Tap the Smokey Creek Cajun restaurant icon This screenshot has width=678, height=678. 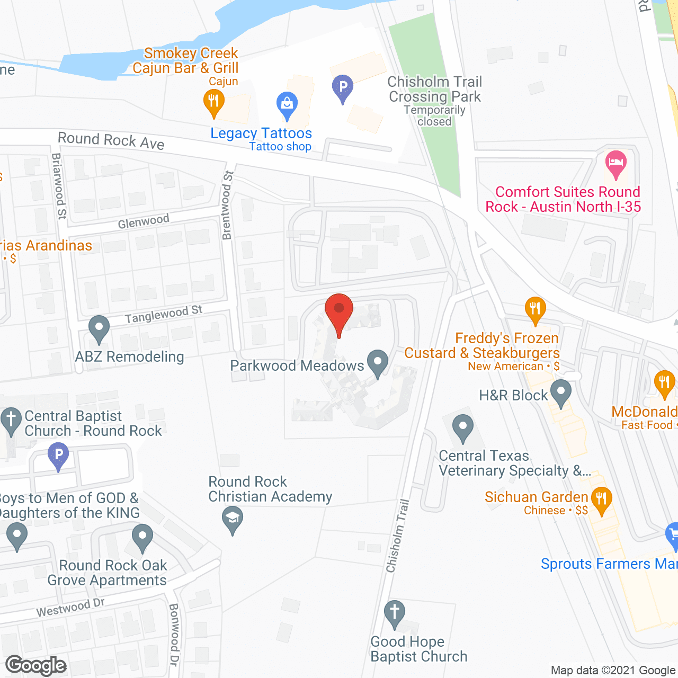click(213, 101)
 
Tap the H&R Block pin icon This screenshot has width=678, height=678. click(560, 392)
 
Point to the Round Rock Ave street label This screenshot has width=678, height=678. click(111, 140)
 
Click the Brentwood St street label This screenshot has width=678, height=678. click(228, 205)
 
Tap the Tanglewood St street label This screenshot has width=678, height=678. click(164, 314)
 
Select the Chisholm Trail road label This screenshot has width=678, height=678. click(398, 536)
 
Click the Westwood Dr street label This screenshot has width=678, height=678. click(70, 608)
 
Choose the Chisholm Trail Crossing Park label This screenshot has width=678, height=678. click(434, 90)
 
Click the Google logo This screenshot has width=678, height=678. click(36, 665)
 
